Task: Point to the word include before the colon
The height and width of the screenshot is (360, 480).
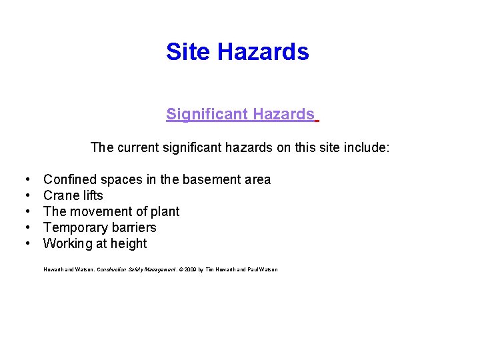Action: [x=364, y=147]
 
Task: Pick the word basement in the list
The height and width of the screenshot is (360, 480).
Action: [x=216, y=179]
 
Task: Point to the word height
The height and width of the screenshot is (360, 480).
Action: [x=129, y=243]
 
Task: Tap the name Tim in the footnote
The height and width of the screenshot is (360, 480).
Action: [x=211, y=269]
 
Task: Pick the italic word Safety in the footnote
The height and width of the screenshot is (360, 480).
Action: [x=132, y=269]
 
